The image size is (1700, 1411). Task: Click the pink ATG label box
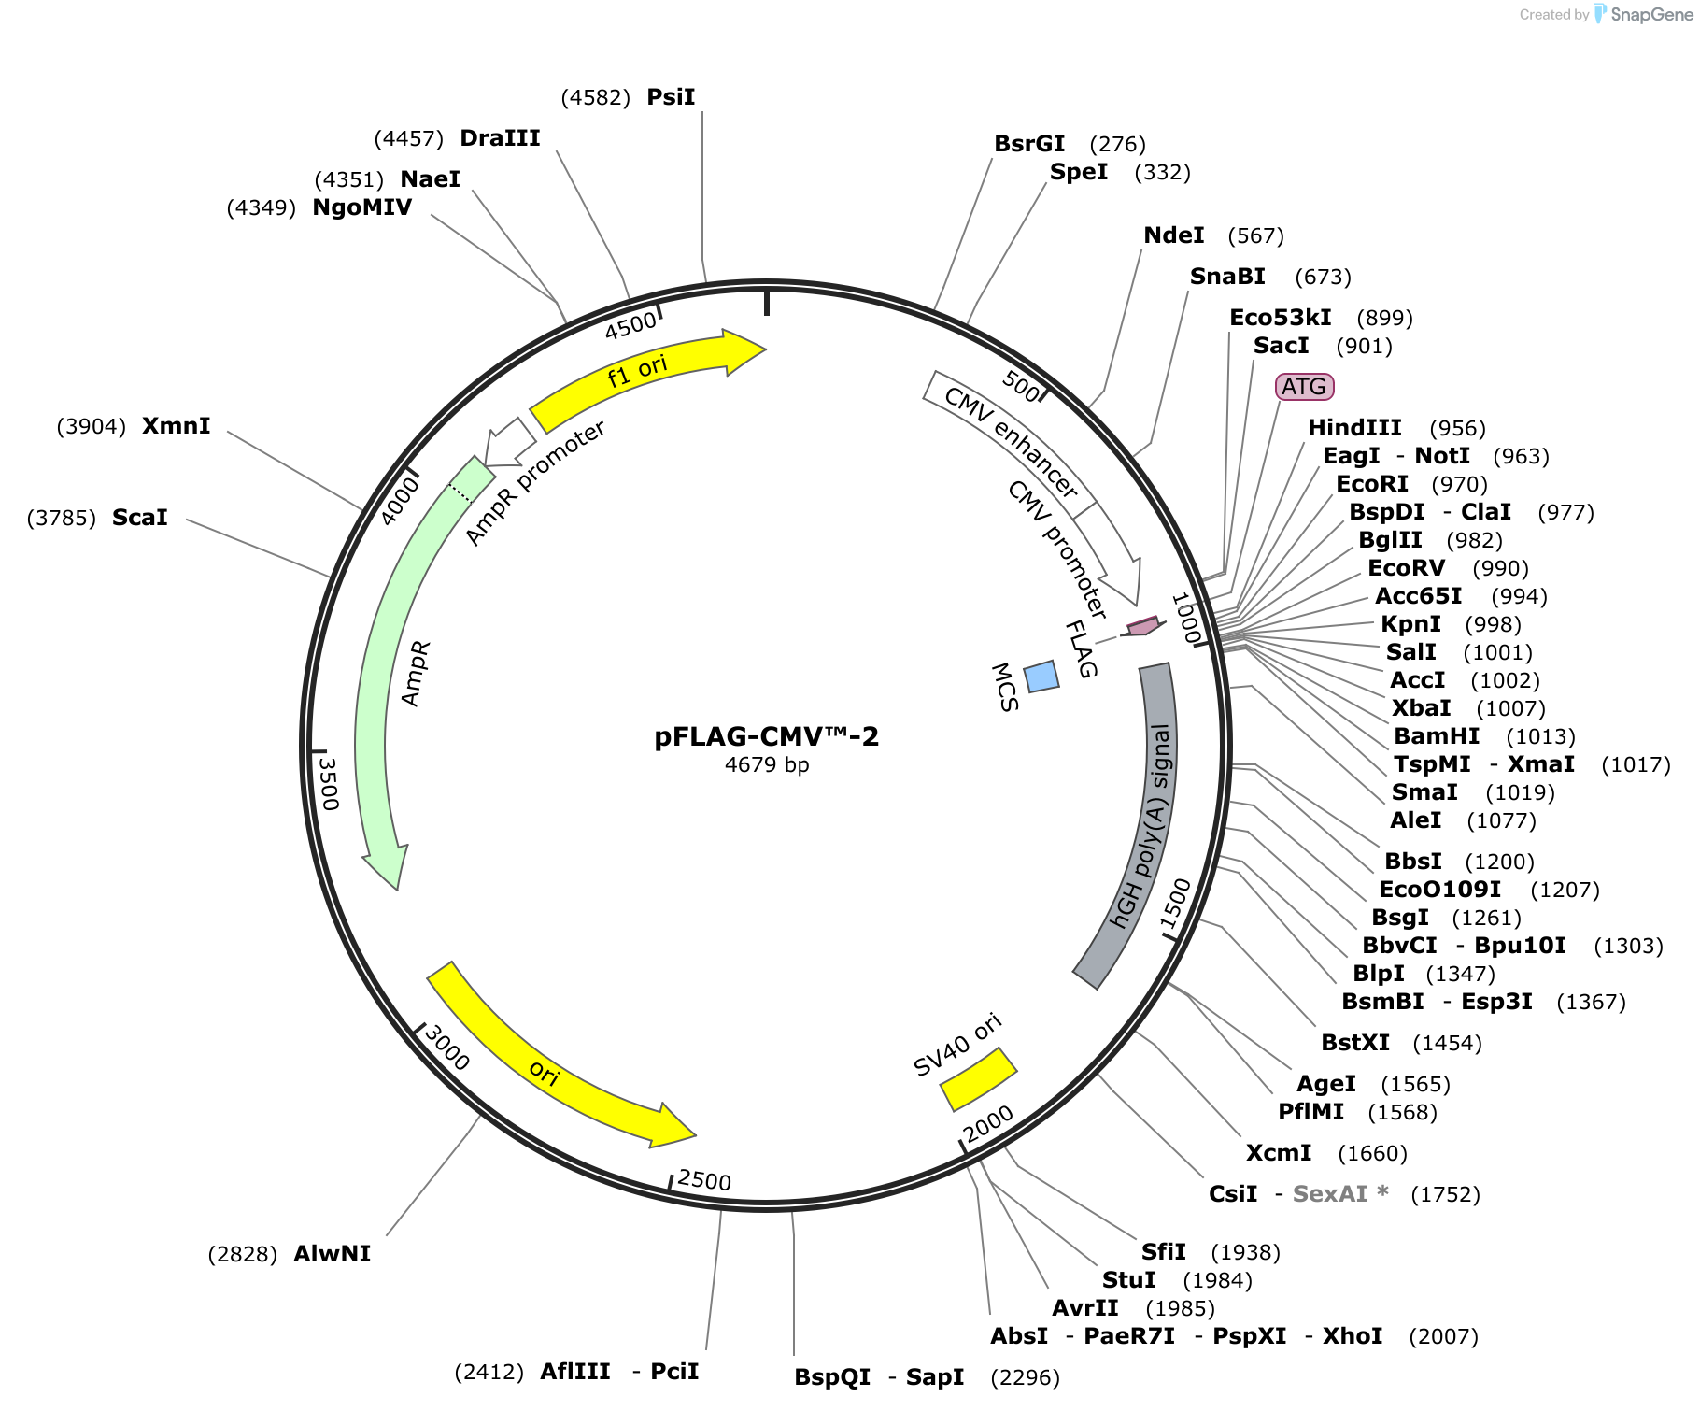point(1304,387)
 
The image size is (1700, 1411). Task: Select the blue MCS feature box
point(1041,677)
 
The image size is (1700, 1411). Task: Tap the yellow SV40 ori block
point(978,1079)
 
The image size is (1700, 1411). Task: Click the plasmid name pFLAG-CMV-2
point(766,736)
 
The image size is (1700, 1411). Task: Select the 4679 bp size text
point(767,764)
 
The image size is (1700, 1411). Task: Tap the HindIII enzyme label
point(1354,428)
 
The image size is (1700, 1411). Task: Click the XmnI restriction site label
point(176,426)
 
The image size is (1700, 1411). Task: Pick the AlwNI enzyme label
point(332,1254)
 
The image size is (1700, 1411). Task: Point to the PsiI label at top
point(671,97)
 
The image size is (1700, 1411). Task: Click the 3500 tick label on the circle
point(328,783)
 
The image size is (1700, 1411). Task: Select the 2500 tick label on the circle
point(704,1180)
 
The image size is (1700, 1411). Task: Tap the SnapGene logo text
point(1651,15)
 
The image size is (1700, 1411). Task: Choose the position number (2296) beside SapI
point(1026,1377)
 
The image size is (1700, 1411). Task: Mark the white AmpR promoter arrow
point(510,443)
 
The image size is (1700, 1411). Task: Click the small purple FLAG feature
point(1143,626)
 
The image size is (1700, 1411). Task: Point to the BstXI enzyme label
point(1355,1043)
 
